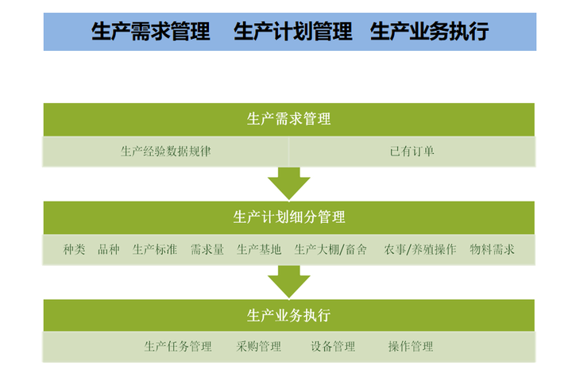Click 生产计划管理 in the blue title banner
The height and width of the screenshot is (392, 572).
[293, 31]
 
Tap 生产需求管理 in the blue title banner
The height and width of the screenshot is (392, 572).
[151, 31]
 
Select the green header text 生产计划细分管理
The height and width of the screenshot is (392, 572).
[289, 217]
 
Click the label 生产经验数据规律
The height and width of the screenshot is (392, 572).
[165, 152]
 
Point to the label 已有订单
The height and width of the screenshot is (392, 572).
[412, 152]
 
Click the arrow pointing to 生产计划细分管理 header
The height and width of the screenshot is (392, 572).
[289, 183]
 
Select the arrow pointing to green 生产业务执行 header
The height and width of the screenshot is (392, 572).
[289, 282]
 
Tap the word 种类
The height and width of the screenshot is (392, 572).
[74, 249]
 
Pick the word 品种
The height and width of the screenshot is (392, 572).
[108, 249]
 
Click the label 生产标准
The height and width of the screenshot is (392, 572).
[155, 249]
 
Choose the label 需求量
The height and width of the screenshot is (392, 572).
[207, 249]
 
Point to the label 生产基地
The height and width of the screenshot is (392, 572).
[259, 249]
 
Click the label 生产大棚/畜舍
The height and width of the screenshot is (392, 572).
[330, 249]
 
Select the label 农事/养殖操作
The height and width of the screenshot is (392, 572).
[420, 249]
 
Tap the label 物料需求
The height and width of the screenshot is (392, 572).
[492, 249]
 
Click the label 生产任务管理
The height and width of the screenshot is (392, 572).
[178, 347]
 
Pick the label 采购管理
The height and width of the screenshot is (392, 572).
[259, 347]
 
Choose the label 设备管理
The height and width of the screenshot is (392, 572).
[333, 347]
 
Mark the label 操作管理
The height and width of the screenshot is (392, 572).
[411, 347]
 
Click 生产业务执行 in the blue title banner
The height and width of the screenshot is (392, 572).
[429, 31]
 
